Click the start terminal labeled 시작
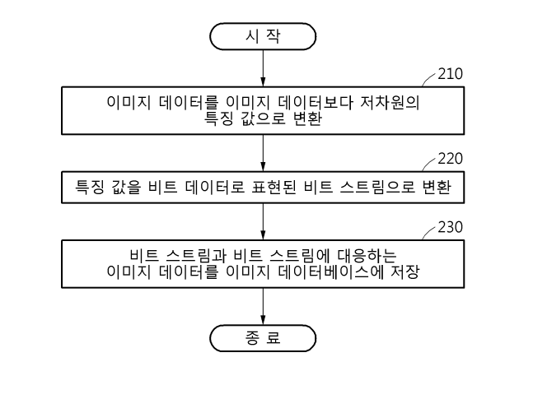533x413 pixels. tap(263, 36)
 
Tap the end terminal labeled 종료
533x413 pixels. tap(263, 338)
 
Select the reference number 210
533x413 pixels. tap(450, 74)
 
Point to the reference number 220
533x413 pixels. tap(450, 159)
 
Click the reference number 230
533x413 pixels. tap(450, 227)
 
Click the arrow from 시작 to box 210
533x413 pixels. tap(263, 68)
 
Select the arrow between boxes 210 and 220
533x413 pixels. tap(263, 153)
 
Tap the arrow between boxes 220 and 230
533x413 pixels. tap(263, 221)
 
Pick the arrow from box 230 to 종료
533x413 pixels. tap(263, 306)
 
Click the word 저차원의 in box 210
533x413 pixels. tap(390, 103)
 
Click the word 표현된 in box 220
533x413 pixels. tap(274, 187)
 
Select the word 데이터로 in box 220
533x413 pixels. tap(215, 187)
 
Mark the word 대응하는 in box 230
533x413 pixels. tap(367, 256)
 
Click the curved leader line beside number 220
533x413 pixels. tap(428, 164)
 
